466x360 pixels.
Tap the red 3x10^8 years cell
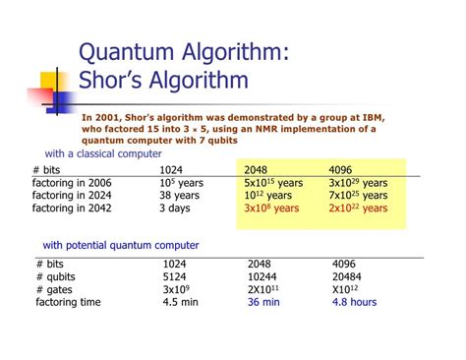(271, 209)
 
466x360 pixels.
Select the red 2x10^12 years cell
(358, 209)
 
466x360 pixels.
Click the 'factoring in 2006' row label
(73, 183)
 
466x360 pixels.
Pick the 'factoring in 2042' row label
(73, 209)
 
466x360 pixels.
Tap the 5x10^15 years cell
(273, 183)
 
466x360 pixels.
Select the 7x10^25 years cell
(358, 196)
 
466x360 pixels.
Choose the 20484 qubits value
(347, 276)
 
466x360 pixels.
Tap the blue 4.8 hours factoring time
(354, 302)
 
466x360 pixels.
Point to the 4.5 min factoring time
(182, 302)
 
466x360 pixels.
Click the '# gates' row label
(54, 289)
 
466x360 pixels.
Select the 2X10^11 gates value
(266, 289)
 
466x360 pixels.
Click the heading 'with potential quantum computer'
(120, 245)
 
